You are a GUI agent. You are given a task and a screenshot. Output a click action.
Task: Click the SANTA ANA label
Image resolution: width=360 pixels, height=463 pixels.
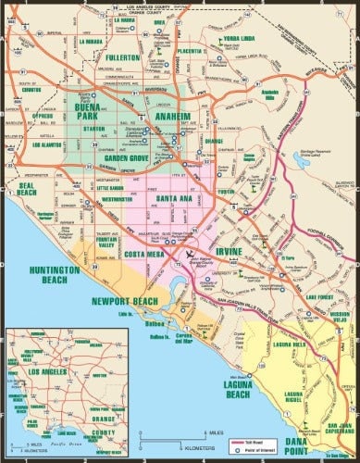(175, 200)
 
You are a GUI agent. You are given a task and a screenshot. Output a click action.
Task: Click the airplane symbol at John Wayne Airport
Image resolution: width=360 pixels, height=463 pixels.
(191, 254)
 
